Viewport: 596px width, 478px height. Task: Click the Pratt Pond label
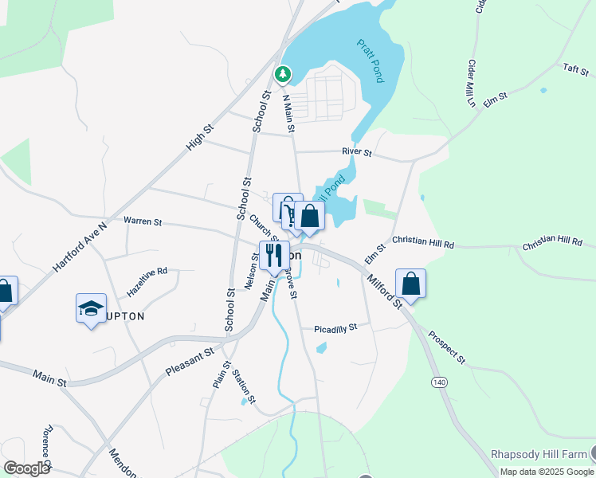point(368,61)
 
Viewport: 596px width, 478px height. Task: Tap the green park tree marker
point(282,74)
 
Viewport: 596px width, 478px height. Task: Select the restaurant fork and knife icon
point(273,255)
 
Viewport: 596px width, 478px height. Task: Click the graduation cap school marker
point(91,308)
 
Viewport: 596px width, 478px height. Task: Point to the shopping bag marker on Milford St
point(410,284)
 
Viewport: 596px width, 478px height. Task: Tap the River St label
point(357,151)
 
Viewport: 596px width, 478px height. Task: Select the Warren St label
point(143,221)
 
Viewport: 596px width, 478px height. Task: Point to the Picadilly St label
point(335,327)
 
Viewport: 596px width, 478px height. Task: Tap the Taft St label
point(574,69)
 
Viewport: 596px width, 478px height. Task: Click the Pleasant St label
point(190,361)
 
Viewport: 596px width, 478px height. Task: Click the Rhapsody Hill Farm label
point(538,453)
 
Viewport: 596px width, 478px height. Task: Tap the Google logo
point(26,468)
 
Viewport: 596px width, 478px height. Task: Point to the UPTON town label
point(124,316)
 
